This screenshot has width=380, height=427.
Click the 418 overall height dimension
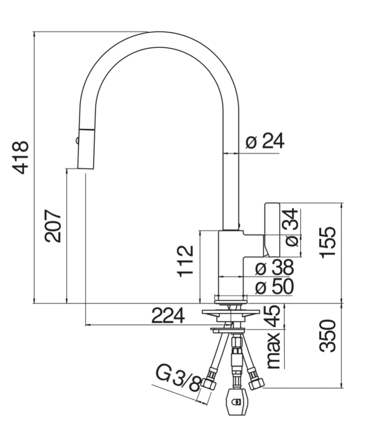pyautogui.click(x=21, y=157)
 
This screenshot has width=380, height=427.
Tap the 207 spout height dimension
pyautogui.click(x=53, y=226)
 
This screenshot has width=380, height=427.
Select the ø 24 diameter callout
pyautogui.click(x=265, y=141)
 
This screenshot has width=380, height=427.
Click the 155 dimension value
pyautogui.click(x=328, y=242)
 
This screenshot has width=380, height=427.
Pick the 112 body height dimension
pyautogui.click(x=185, y=261)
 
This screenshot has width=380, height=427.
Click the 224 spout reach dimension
pyautogui.click(x=168, y=315)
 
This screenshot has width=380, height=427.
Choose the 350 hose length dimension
pyautogui.click(x=328, y=336)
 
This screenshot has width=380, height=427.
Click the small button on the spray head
pyautogui.click(x=77, y=140)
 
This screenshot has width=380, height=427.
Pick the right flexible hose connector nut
pyautogui.click(x=256, y=383)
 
